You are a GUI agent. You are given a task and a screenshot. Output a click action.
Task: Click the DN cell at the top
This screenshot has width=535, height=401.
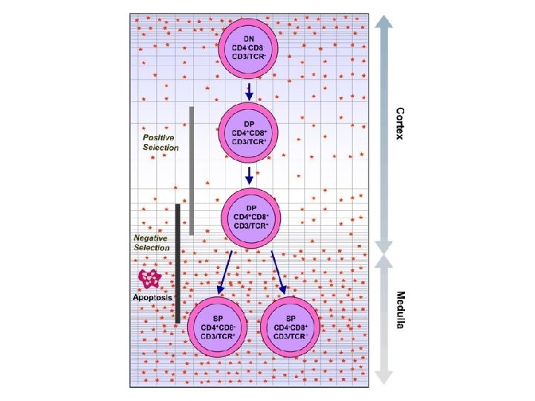[x=250, y=45]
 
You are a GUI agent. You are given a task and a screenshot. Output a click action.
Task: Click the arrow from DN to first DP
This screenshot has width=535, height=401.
[x=250, y=91]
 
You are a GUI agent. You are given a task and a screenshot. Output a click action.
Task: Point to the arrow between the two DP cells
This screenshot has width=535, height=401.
[x=250, y=175]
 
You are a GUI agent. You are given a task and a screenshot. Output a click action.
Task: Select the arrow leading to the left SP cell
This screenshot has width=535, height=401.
[x=225, y=272]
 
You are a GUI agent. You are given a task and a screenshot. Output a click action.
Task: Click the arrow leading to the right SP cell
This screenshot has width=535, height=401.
[x=279, y=272]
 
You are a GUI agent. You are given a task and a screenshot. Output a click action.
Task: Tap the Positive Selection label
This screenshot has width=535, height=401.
[x=160, y=143]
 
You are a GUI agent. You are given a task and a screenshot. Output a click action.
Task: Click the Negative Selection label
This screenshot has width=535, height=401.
[x=152, y=243]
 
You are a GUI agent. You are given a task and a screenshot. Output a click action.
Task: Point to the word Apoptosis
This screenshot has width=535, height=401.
[x=152, y=297]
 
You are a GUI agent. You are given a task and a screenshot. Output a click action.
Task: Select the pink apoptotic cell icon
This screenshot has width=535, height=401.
[x=150, y=278]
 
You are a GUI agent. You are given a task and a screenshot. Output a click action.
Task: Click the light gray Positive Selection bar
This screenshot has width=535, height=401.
[x=192, y=170]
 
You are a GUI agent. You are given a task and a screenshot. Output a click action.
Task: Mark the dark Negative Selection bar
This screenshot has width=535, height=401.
[x=178, y=263]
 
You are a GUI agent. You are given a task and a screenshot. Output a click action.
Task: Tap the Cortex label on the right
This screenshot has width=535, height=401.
[x=401, y=126]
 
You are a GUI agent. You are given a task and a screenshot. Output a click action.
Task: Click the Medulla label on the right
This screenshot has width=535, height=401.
[x=401, y=310]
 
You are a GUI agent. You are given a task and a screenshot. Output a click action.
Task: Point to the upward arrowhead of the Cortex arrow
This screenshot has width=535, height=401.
[x=383, y=23]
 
